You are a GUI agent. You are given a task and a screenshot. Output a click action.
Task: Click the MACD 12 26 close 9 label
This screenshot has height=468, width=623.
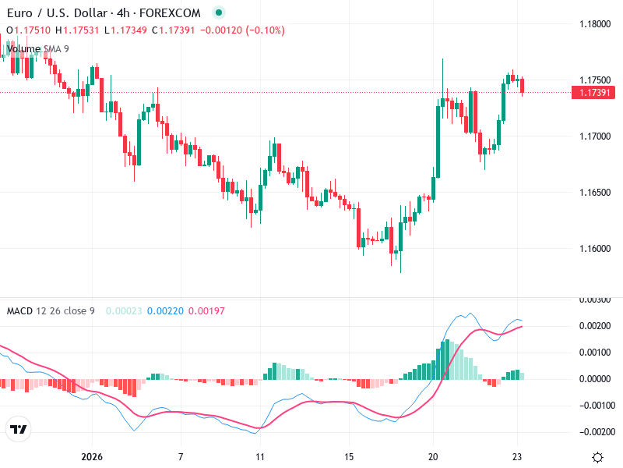click(x=51, y=311)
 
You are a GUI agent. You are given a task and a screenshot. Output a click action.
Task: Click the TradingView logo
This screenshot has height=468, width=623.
click(x=18, y=430)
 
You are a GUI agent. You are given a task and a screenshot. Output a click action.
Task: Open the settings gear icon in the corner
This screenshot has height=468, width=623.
click(x=598, y=457)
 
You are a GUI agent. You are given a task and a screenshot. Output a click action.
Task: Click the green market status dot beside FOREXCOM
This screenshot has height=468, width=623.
click(x=218, y=13)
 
